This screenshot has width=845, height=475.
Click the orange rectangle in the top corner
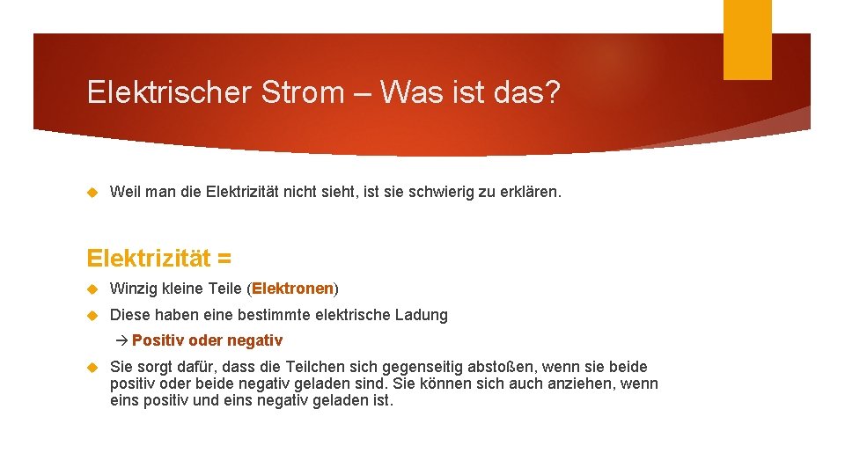click(x=746, y=40)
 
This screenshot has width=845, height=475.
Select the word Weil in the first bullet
click(x=124, y=192)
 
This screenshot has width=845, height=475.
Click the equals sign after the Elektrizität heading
click(x=224, y=259)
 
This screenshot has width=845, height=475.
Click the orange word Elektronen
click(x=293, y=289)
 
